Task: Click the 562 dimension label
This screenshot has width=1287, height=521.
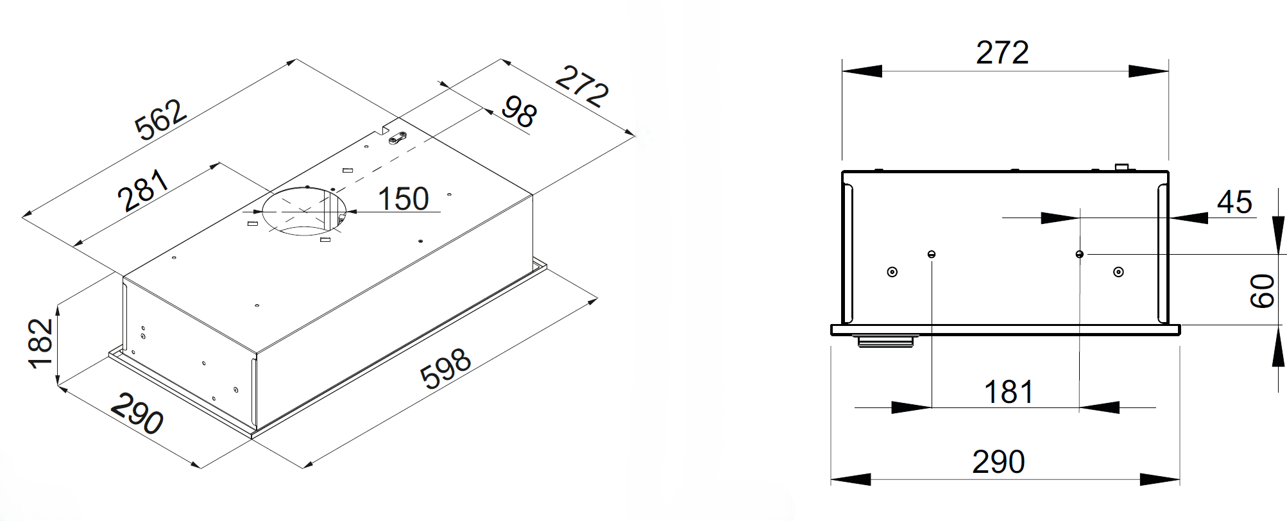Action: click(x=161, y=120)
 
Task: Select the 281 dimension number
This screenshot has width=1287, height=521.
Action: click(x=146, y=191)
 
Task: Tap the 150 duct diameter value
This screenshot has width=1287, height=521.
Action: click(x=403, y=199)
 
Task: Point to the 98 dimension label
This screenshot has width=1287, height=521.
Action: click(x=518, y=112)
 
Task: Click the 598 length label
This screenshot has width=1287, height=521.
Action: click(x=447, y=368)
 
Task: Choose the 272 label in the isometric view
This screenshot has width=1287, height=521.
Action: click(x=581, y=87)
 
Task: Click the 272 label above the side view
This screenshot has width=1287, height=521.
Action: click(x=1002, y=53)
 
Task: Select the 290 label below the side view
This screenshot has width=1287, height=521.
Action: click(x=998, y=462)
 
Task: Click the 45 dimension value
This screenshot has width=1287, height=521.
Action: click(x=1234, y=203)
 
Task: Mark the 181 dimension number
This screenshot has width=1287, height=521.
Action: click(x=1009, y=392)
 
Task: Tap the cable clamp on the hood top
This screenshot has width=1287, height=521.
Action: click(x=398, y=137)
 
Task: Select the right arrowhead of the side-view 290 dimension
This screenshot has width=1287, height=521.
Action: click(x=1161, y=479)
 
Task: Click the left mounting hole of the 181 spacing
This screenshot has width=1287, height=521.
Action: click(x=932, y=255)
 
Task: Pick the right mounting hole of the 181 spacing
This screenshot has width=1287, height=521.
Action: click(x=1080, y=255)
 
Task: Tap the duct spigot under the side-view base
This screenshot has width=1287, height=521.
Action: click(x=885, y=341)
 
